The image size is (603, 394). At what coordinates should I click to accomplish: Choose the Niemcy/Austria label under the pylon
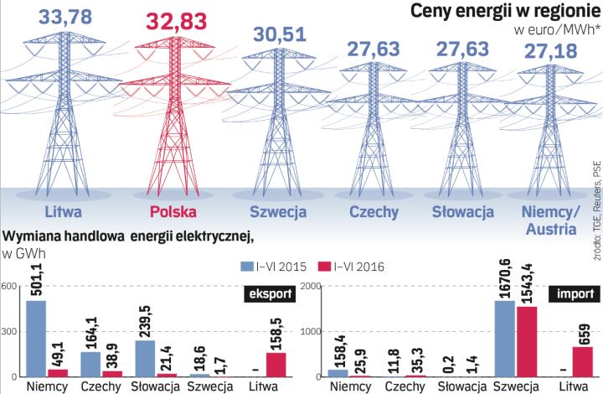coord(550,220)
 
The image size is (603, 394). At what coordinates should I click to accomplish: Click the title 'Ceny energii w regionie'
coord(495,13)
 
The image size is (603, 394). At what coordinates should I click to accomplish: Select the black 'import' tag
coord(578,293)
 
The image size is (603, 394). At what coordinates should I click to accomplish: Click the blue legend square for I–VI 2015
coord(247,267)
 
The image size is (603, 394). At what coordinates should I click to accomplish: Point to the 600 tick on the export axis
coord(10,288)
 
